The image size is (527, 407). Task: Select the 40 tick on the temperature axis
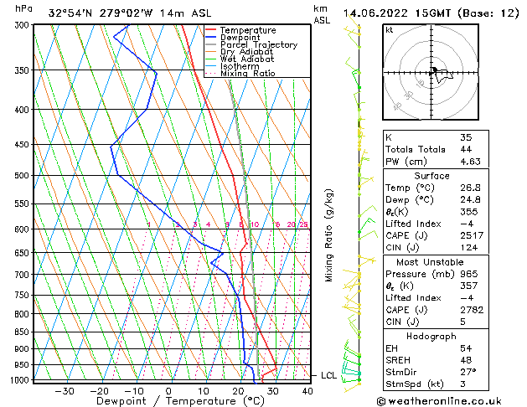tap(307, 390)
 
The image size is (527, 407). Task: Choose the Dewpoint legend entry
tap(240, 38)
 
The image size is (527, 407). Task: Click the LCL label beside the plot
tap(329, 375)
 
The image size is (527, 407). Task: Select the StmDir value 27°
tap(468, 372)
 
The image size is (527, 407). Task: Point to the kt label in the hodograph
tap(390, 30)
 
